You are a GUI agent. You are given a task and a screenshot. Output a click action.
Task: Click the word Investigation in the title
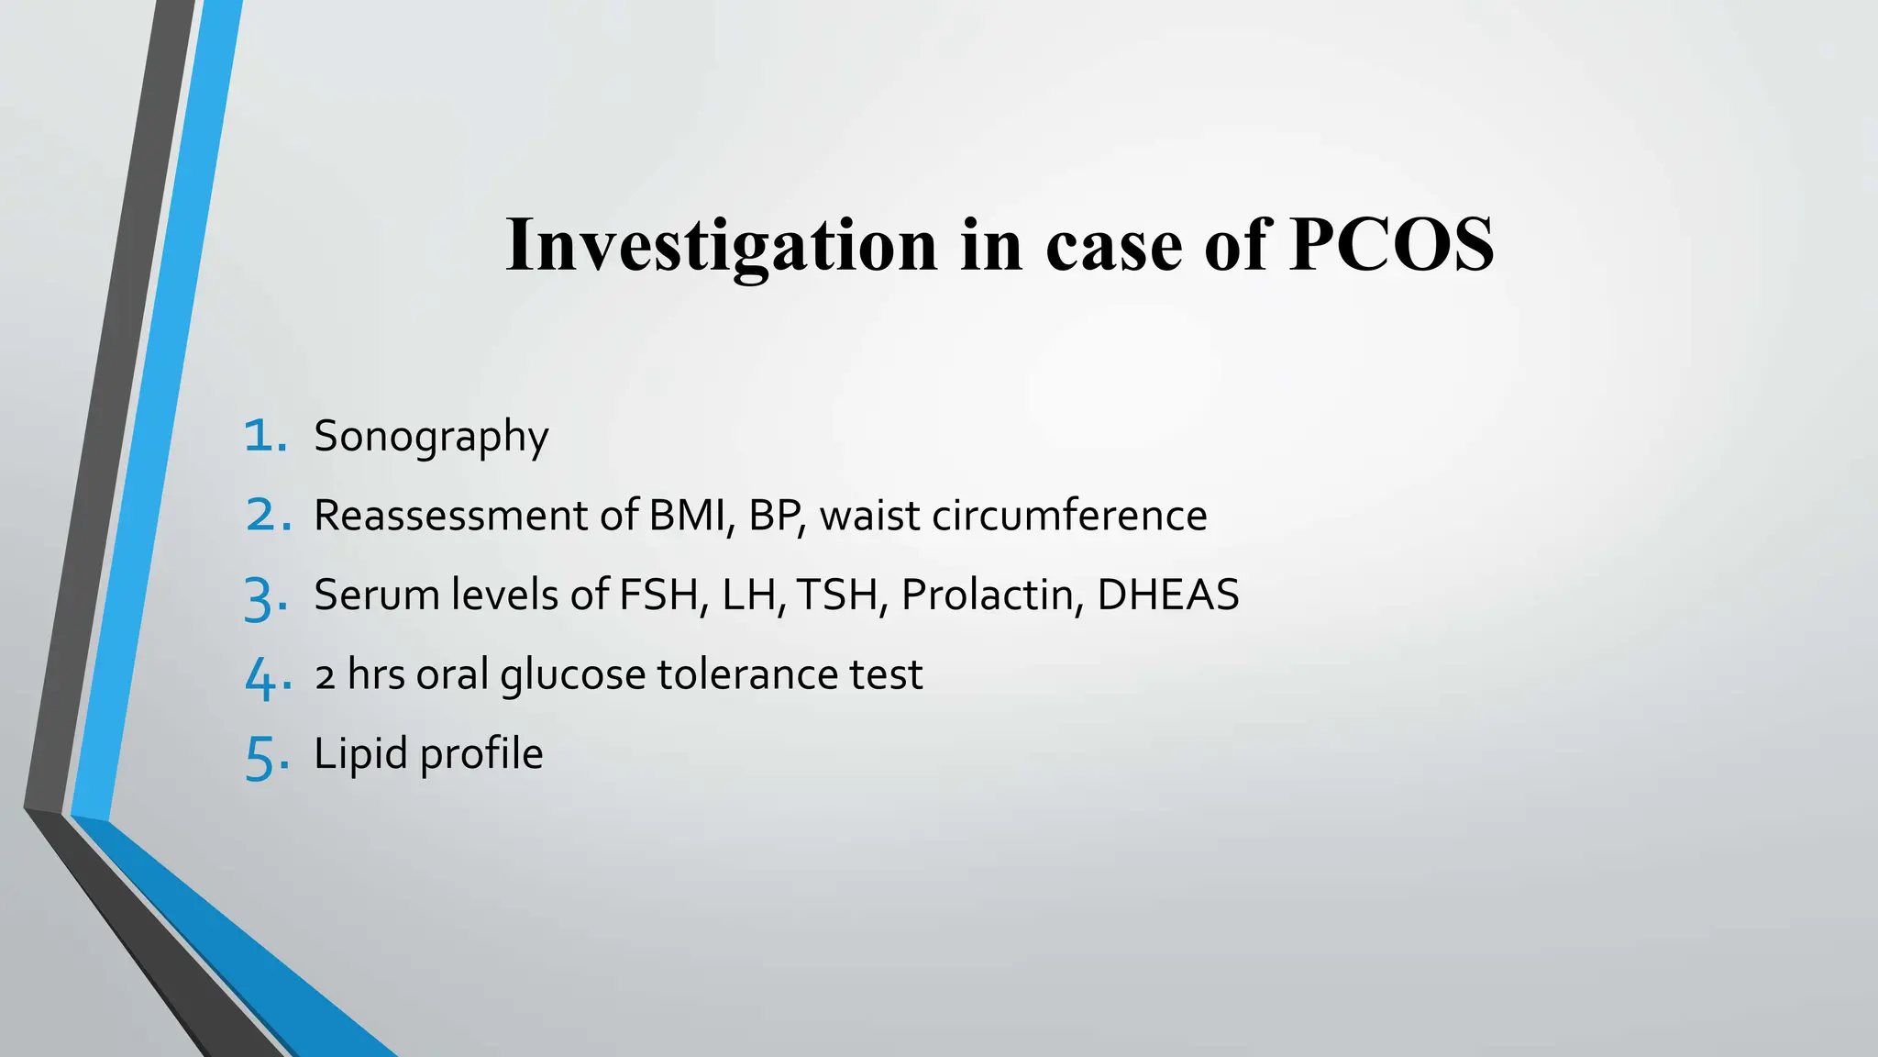722,246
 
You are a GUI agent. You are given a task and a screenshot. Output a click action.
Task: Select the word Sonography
431,437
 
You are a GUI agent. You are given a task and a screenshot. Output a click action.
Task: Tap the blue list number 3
266,596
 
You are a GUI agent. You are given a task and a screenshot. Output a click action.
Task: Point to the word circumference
1069,516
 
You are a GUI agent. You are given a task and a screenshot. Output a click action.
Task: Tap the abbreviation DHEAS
1167,595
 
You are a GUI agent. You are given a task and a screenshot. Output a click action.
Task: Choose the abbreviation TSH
840,595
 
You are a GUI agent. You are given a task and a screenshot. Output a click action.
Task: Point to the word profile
481,755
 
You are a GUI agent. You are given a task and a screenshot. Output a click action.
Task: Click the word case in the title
1113,246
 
